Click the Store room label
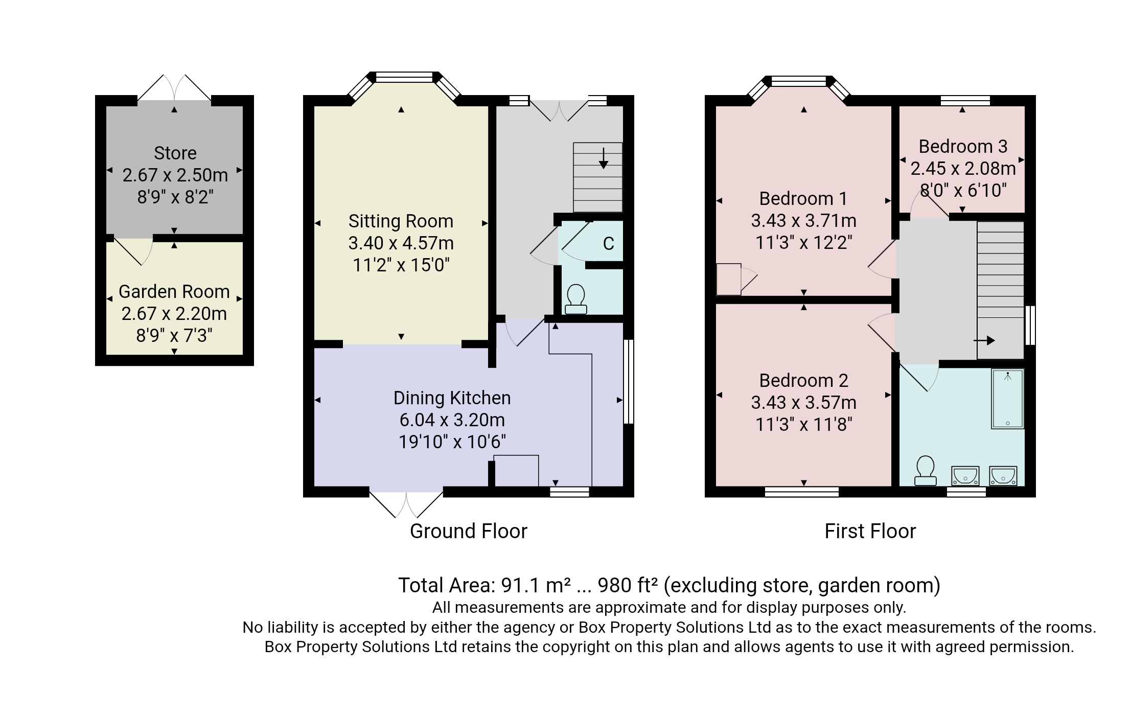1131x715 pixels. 175,153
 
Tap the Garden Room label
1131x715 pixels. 174,292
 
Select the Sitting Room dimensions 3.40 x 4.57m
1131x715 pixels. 401,243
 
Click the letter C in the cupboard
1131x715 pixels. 608,244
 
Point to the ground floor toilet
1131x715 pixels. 575,299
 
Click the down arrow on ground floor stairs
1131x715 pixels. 603,158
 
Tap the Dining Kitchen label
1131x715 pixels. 452,398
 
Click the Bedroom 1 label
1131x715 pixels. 803,198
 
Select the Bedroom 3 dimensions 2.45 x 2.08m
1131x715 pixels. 962,169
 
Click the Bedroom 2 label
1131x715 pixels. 803,381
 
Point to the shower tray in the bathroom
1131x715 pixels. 1007,399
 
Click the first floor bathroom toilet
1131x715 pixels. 925,471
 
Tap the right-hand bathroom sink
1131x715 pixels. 1003,476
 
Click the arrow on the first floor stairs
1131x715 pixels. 984,340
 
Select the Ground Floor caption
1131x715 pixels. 468,532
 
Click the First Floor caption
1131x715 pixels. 870,532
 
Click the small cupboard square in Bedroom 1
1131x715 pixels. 728,279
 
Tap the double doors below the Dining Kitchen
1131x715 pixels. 406,504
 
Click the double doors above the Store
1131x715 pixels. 174,88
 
